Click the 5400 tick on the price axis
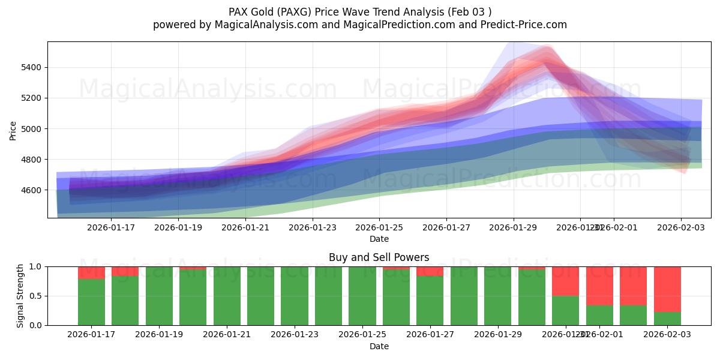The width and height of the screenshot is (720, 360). click(31, 67)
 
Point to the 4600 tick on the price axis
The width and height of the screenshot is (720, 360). click(31, 190)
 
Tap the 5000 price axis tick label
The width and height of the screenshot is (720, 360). click(31, 129)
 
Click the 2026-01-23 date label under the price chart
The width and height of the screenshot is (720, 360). click(312, 227)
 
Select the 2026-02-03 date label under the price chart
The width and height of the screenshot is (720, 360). click(680, 227)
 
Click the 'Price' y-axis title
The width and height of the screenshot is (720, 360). click(13, 130)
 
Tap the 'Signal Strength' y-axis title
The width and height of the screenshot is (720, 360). click(20, 296)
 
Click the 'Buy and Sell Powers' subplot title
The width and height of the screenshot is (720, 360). click(379, 257)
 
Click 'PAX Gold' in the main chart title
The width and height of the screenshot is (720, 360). click(251, 11)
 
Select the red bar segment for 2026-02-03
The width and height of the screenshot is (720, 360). click(667, 289)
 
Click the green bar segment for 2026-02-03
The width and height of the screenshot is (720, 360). click(667, 319)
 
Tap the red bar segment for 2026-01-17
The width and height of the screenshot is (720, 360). click(91, 272)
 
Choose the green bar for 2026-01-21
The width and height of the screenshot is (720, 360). click(227, 296)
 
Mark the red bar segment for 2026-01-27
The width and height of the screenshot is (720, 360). click(430, 271)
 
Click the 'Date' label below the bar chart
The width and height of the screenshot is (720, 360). click(379, 346)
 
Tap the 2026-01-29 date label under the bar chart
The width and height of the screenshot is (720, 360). click(497, 335)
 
